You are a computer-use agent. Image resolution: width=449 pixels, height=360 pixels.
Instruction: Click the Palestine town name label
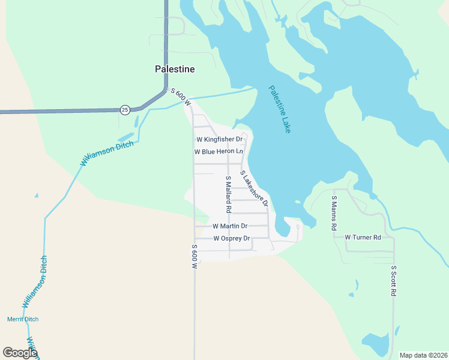point(175,69)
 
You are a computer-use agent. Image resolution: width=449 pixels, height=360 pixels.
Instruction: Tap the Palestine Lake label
point(280,109)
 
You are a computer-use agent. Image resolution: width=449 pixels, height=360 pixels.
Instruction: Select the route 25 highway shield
point(124,109)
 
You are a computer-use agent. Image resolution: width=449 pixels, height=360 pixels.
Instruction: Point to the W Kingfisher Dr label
point(219,139)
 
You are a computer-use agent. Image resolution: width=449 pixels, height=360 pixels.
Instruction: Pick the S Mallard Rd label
point(228,194)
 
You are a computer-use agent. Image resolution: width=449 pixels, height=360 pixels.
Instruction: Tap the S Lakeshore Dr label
point(253,189)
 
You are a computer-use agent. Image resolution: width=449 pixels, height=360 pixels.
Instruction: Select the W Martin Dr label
point(230,226)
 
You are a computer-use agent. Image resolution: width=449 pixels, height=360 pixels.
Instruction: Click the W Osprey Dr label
point(231,238)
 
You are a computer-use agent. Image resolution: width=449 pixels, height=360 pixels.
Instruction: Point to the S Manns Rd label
point(334,212)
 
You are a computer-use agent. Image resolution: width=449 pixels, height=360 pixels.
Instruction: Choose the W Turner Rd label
point(363,237)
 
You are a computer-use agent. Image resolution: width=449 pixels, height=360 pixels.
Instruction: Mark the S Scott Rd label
point(394,281)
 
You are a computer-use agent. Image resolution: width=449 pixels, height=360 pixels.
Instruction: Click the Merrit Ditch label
point(22,319)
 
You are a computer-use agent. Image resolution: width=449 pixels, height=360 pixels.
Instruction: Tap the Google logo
point(20,353)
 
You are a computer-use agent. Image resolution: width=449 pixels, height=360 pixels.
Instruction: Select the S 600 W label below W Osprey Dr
point(194,260)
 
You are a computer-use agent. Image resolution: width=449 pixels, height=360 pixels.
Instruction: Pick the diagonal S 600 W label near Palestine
point(181,98)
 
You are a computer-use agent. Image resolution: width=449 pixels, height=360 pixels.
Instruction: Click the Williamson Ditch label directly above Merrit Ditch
point(35,282)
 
